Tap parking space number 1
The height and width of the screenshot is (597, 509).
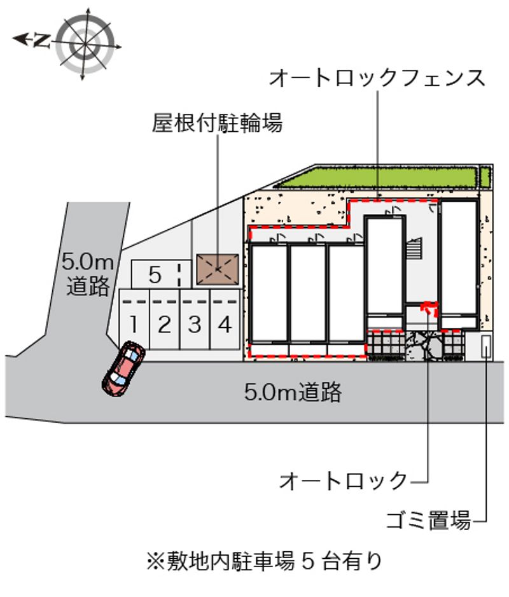click(134, 320)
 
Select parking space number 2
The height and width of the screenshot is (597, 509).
click(164, 320)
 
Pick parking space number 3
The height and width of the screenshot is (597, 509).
click(195, 320)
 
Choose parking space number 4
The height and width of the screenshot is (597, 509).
click(225, 320)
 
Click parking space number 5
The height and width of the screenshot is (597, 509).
click(161, 274)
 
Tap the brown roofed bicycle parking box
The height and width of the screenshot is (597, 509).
click(218, 270)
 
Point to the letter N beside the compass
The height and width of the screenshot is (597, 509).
click(42, 40)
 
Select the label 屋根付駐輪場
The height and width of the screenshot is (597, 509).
click(218, 123)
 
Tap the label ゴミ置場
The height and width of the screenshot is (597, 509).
click(429, 520)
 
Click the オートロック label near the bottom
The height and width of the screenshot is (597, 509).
click(344, 481)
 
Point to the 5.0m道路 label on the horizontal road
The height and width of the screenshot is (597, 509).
click(293, 392)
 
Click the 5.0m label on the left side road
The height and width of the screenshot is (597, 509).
click(88, 262)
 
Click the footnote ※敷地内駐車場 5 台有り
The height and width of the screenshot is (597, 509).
click(264, 561)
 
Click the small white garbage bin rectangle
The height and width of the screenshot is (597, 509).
click(486, 346)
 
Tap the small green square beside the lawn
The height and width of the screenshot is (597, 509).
click(485, 178)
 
